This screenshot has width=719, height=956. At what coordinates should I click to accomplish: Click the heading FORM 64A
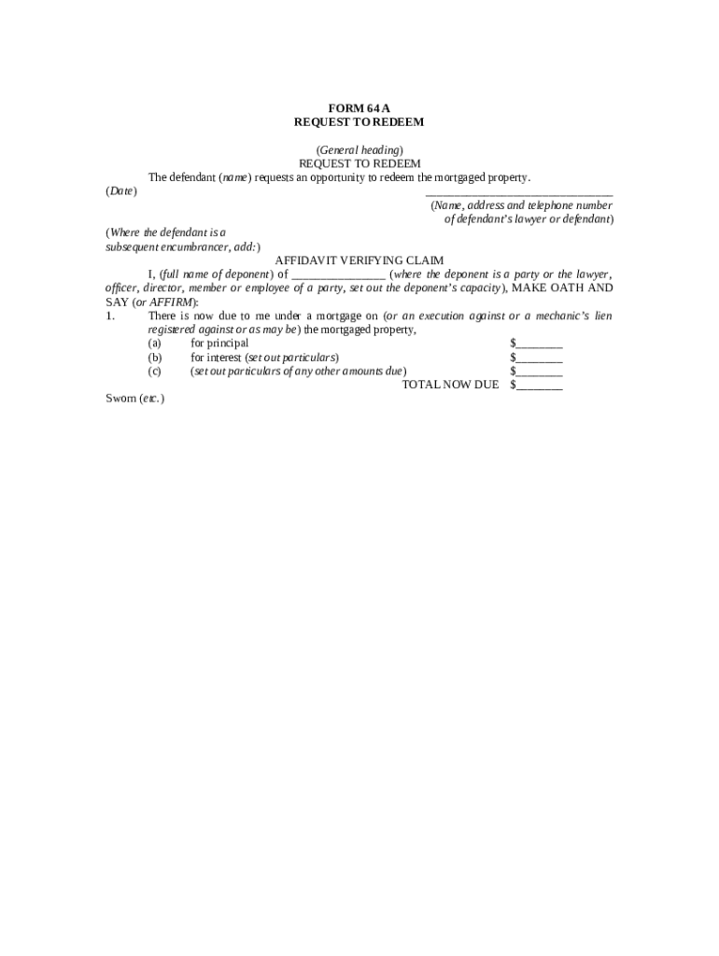359,107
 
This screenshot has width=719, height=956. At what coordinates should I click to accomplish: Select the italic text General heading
359,149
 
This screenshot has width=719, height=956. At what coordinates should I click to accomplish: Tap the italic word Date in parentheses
120,191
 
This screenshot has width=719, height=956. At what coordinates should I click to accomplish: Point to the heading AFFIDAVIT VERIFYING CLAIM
359,260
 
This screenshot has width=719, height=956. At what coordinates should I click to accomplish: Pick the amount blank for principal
539,344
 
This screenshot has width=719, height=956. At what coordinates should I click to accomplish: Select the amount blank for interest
539,358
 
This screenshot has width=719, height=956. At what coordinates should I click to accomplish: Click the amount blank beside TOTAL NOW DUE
539,386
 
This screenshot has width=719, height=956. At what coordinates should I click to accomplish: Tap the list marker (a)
154,344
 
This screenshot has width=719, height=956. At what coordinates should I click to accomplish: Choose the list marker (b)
154,358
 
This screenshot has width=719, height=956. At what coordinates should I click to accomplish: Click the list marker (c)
154,371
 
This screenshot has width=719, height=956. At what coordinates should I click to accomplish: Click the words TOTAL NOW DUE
450,385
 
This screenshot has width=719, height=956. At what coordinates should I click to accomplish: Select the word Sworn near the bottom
120,399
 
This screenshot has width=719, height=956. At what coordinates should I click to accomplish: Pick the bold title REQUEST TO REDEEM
359,121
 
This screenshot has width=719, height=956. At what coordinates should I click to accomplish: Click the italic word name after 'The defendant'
234,177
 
